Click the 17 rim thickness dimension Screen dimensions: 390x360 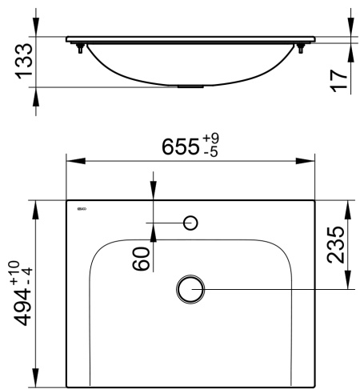(x=340, y=77)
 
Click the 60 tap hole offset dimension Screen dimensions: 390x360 (x=142, y=258)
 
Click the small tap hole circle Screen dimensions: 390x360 (x=191, y=222)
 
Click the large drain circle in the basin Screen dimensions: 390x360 (x=190, y=289)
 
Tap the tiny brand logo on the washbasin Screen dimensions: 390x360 (x=80, y=211)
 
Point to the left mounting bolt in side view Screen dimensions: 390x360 (x=81, y=49)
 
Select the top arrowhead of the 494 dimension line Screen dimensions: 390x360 (x=35, y=206)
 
